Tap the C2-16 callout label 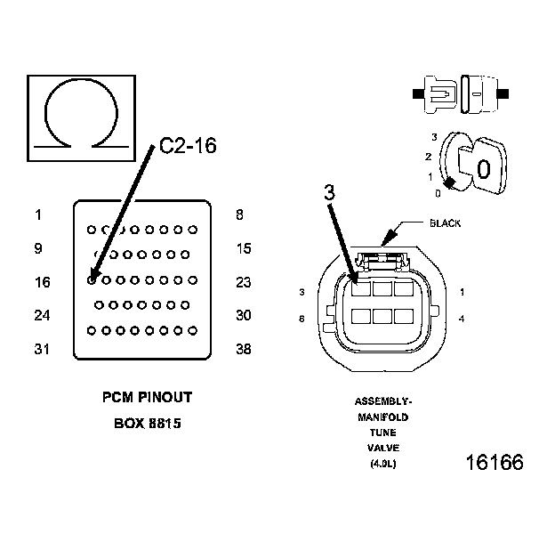(188, 147)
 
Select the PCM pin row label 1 (38, 214)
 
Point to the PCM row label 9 (38, 248)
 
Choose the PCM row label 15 (245, 248)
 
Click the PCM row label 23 (245, 282)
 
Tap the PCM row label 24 (42, 315)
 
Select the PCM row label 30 (245, 315)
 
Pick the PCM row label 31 (42, 349)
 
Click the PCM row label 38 (245, 349)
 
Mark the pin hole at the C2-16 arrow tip (92, 279)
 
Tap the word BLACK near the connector (445, 223)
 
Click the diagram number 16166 (494, 463)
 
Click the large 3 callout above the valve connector (328, 193)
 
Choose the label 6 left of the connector (302, 319)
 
